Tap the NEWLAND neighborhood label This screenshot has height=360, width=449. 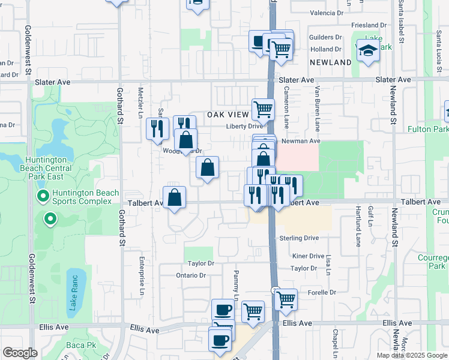[330, 62]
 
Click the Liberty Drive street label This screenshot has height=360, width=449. [244, 126]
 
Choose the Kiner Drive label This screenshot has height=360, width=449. [308, 256]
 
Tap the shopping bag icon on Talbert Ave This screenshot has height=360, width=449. [174, 197]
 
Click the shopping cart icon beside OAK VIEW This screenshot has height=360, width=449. [263, 110]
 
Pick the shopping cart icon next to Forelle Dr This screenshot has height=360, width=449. [286, 299]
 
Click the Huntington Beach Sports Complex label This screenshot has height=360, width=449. [82, 197]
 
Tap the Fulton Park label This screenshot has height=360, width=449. [428, 129]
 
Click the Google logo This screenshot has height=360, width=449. [20, 353]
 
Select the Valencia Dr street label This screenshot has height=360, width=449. [327, 13]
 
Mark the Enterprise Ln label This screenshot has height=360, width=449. [142, 282]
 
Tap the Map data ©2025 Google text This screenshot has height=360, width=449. [412, 355]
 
